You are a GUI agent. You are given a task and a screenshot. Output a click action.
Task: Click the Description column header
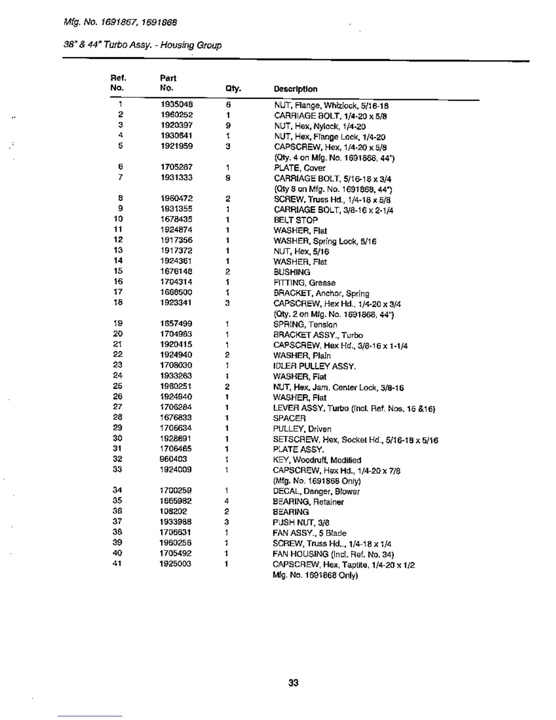pyautogui.click(x=295, y=89)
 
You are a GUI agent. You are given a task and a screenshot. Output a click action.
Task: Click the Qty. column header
pyautogui.click(x=233, y=89)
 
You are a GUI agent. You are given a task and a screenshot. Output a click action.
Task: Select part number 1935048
pyautogui.click(x=177, y=105)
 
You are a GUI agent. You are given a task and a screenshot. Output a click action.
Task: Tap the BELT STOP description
pyautogui.click(x=295, y=220)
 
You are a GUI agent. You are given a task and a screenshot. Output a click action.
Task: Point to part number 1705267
pyautogui.click(x=176, y=167)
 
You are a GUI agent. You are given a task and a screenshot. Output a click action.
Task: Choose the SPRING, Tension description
pyautogui.click(x=305, y=325)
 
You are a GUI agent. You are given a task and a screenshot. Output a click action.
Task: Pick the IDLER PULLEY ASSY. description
pyautogui.click(x=314, y=366)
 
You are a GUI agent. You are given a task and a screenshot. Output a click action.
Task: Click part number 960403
pyautogui.click(x=173, y=459)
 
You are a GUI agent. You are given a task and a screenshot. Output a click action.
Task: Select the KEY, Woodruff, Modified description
pyautogui.click(x=317, y=460)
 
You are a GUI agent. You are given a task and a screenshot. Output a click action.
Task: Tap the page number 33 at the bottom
pyautogui.click(x=293, y=683)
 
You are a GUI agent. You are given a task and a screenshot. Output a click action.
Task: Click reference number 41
pyautogui.click(x=117, y=564)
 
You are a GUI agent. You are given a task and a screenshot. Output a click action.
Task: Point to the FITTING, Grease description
pyautogui.click(x=304, y=283)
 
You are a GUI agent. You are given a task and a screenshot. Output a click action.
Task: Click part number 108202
pyautogui.click(x=173, y=511)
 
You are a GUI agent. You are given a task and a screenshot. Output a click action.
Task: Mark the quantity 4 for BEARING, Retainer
pyautogui.click(x=226, y=501)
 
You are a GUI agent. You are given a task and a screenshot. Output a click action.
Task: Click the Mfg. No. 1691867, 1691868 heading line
pyautogui.click(x=120, y=22)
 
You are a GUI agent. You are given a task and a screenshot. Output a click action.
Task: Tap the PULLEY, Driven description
pyautogui.click(x=302, y=429)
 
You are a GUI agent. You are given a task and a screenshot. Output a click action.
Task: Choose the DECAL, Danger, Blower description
pyautogui.click(x=316, y=491)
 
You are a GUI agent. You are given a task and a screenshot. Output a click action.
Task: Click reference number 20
pyautogui.click(x=118, y=334)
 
